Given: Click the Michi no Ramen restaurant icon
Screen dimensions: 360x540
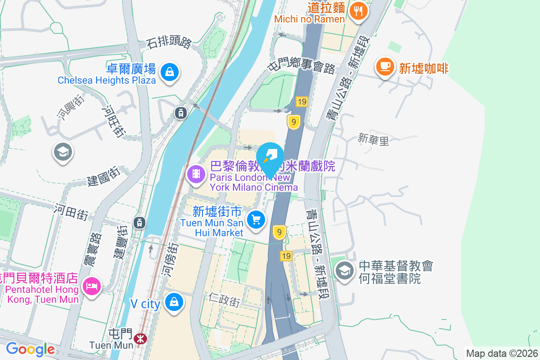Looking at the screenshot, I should tap(358, 11).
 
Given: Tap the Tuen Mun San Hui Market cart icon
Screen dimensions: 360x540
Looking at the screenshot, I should tap(256, 220).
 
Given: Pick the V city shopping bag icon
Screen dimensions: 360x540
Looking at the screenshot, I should tap(174, 302).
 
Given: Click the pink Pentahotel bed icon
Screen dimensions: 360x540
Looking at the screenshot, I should tap(92, 286).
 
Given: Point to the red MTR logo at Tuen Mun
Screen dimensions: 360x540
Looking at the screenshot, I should tap(141, 337).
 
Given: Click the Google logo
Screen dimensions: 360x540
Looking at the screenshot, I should tap(30, 349).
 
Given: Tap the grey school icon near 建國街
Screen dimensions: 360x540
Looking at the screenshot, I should tap(63, 153).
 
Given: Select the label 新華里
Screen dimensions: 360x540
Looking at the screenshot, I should tap(373, 140).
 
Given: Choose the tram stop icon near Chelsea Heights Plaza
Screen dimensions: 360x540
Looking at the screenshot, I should tap(180, 113).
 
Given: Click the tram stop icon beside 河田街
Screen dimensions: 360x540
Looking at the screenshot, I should tap(139, 222).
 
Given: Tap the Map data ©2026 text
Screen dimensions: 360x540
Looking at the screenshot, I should tap(502, 354).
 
